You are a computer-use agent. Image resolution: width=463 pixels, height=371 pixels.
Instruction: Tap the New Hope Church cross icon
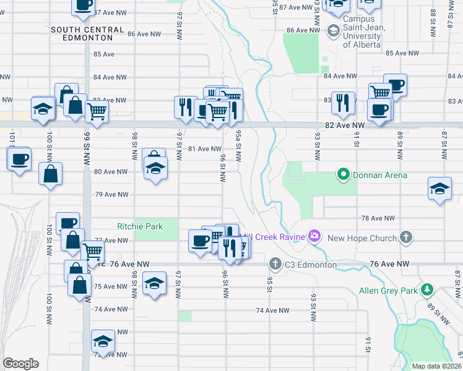405,237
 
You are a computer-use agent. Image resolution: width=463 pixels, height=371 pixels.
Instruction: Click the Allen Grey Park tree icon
426,289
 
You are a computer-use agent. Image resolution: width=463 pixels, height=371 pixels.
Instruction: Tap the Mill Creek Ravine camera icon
314,236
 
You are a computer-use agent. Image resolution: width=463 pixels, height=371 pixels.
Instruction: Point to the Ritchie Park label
141,226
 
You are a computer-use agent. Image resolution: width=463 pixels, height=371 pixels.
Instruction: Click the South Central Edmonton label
82,33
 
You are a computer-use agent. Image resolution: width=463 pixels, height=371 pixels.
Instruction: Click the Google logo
20,364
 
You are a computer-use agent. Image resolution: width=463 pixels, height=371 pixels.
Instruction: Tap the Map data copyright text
436,366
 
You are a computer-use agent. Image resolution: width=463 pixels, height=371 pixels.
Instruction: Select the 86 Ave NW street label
302,30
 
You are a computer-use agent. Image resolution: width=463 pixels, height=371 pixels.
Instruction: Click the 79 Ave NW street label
111,194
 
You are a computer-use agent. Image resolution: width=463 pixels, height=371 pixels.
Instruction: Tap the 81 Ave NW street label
204,148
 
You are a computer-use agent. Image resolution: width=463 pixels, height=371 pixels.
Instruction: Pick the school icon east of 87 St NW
439,189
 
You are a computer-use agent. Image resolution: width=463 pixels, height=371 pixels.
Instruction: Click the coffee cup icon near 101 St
19,160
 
